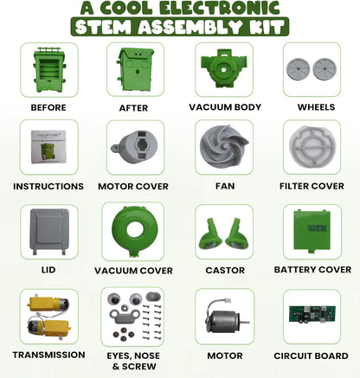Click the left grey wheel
298,69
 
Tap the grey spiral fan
224,147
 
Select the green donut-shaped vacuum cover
134,230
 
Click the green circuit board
312,314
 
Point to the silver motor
226,318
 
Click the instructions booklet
48,147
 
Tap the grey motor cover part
134,147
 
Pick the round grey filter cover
312,147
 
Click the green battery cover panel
312,231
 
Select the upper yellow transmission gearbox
48,304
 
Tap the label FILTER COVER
312,186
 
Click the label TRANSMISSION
48,355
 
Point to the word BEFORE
48,107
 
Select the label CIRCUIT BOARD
311,356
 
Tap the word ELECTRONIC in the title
220,8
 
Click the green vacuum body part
223,68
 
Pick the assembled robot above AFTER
135,69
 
